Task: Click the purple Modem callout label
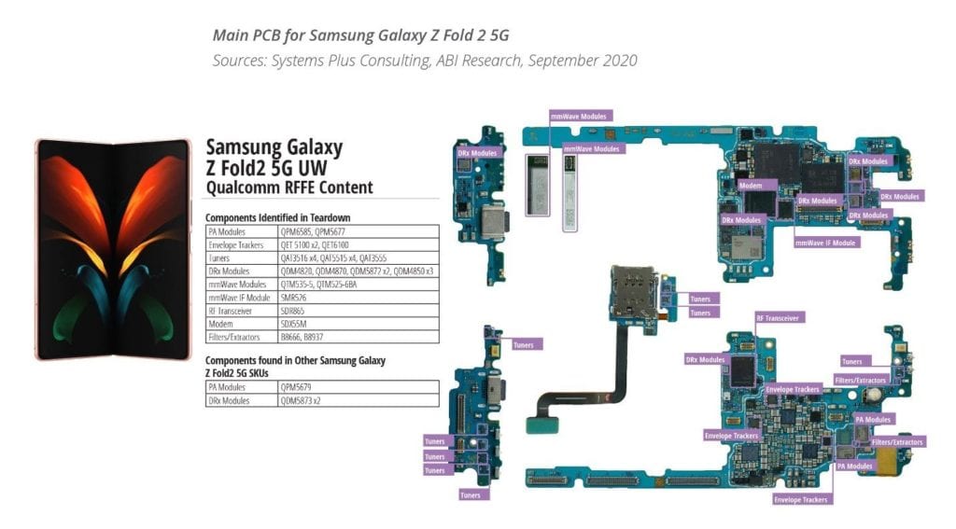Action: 751,185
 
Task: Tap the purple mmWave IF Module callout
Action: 825,242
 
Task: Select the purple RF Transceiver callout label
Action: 777,317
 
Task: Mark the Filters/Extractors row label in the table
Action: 234,337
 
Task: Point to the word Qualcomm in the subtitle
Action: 233,188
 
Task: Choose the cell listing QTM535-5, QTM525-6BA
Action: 323,284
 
